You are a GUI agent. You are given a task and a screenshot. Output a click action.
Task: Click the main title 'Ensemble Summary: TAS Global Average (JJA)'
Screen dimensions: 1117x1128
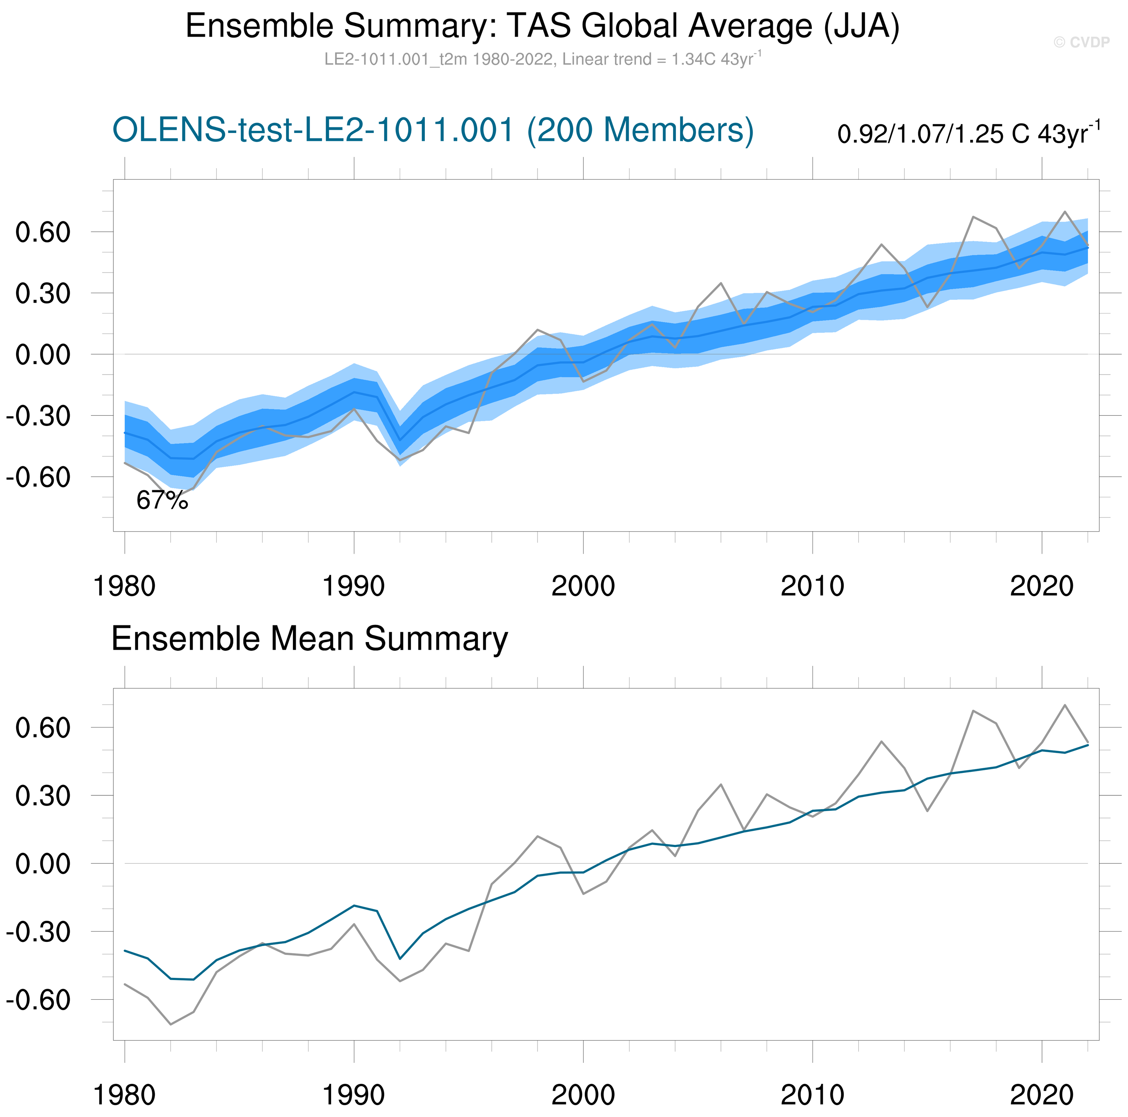tap(543, 26)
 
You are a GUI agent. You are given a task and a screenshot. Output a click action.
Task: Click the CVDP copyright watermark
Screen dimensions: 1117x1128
tap(1081, 42)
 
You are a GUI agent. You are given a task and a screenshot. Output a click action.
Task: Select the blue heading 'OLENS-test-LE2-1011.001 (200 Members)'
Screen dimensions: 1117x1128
tap(433, 130)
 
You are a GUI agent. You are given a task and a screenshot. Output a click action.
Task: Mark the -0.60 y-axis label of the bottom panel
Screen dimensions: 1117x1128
tap(38, 1000)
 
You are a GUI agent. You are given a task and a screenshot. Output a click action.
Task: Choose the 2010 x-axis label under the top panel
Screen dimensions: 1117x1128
tap(812, 586)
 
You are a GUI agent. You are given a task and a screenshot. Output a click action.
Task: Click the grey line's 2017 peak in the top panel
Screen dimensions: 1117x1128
tap(973, 217)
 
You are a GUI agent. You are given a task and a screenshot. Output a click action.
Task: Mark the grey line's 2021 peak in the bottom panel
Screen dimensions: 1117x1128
tap(1065, 705)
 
